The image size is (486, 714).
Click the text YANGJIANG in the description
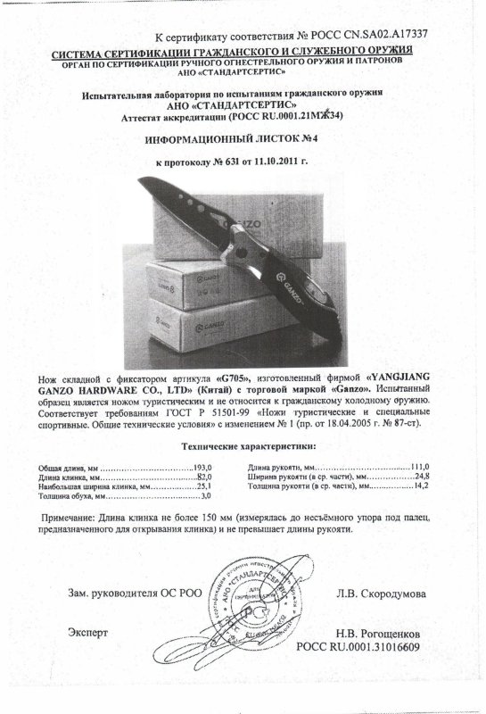click(x=407, y=378)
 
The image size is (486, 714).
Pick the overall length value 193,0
click(x=205, y=467)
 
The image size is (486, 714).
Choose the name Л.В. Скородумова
click(x=375, y=594)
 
